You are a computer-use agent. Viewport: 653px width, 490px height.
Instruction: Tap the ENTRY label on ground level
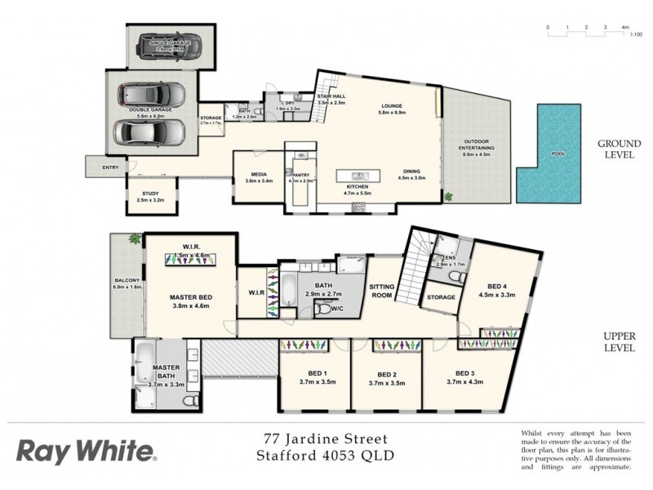(111, 168)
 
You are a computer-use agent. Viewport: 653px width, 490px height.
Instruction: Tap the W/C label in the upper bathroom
(336, 307)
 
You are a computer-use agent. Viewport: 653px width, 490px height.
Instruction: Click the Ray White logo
(85, 451)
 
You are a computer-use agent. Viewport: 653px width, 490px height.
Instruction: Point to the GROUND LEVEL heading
(618, 148)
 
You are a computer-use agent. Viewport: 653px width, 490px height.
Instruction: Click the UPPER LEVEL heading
(618, 341)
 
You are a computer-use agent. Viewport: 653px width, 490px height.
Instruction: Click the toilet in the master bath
(189, 402)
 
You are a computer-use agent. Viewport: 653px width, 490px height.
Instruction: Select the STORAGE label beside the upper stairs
(441, 297)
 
